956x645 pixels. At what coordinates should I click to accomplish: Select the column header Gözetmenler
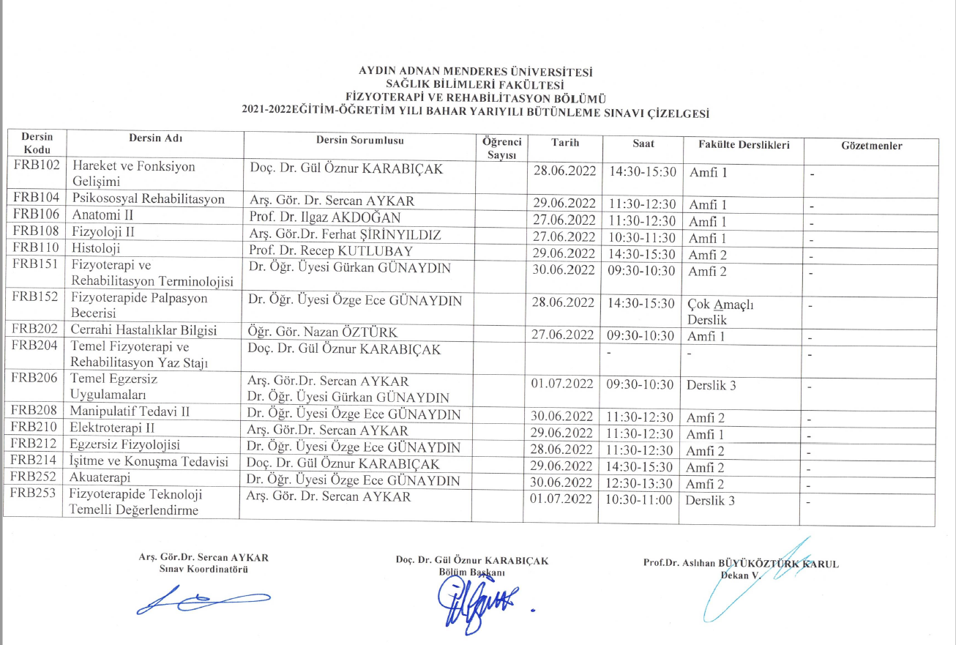(x=871, y=146)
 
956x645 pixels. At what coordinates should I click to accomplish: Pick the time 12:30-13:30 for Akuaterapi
(x=640, y=482)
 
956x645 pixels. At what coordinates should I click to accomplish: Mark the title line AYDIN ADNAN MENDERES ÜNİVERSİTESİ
(x=475, y=72)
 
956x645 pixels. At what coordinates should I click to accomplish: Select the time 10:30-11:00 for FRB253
(x=640, y=500)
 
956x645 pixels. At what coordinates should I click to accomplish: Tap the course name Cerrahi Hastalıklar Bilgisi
(x=144, y=330)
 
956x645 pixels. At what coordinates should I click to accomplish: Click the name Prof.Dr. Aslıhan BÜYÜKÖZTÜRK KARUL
(x=740, y=563)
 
